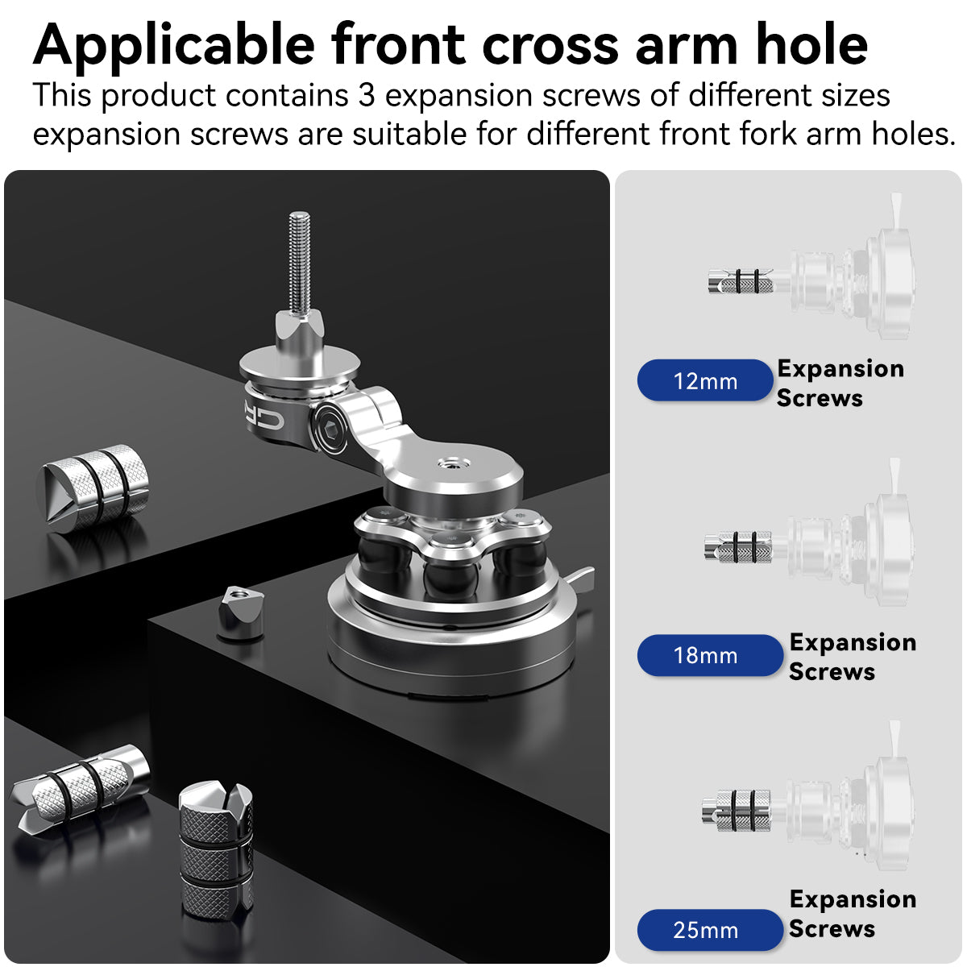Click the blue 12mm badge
(705, 380)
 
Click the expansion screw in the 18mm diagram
(738, 547)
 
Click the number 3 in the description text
(367, 96)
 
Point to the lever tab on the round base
(582, 577)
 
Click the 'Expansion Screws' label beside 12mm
(840, 383)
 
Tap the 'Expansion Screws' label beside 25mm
(852, 913)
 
